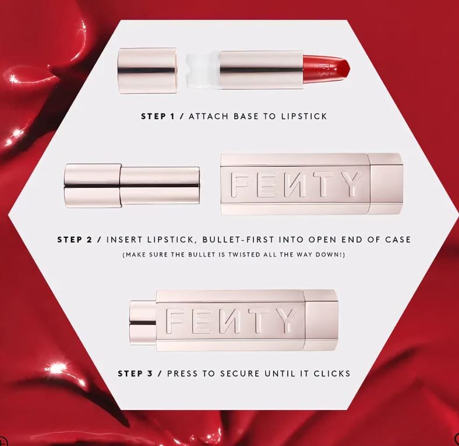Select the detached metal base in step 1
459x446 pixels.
[147, 71]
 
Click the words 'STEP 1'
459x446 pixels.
[158, 116]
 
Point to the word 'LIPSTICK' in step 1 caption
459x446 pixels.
[304, 116]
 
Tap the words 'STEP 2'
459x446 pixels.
[75, 240]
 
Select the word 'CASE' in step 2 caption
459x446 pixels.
[398, 240]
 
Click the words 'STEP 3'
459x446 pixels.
[135, 373]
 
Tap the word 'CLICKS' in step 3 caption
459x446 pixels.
[331, 373]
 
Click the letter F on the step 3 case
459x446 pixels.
[175, 321]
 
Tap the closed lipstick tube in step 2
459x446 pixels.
[132, 186]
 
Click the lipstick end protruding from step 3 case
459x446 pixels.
[143, 323]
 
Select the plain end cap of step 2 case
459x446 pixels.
[386, 184]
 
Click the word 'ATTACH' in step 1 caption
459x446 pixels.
[209, 116]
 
